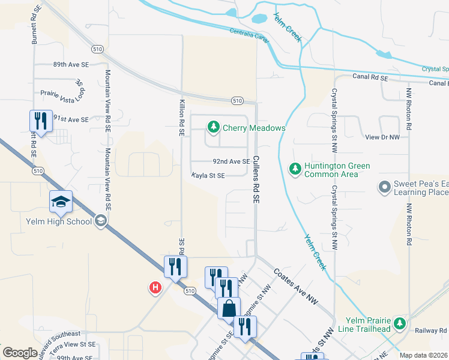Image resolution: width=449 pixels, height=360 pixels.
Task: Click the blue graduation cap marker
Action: pyautogui.click(x=61, y=202)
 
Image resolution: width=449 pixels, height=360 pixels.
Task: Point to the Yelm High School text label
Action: pyautogui.click(x=59, y=221)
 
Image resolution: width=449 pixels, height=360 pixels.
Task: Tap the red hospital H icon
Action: pyautogui.click(x=155, y=289)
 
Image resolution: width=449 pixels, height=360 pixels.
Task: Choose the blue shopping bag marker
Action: pyautogui.click(x=229, y=308)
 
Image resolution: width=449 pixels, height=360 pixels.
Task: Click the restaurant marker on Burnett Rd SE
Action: pyautogui.click(x=40, y=121)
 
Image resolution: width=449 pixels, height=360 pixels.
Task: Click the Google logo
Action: pyautogui.click(x=20, y=352)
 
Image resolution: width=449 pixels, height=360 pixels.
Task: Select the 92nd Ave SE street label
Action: pyautogui.click(x=231, y=161)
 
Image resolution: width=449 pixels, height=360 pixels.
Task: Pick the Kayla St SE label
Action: pyautogui.click(x=208, y=176)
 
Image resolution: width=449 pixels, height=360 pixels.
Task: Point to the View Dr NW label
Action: pyautogui.click(x=382, y=137)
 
